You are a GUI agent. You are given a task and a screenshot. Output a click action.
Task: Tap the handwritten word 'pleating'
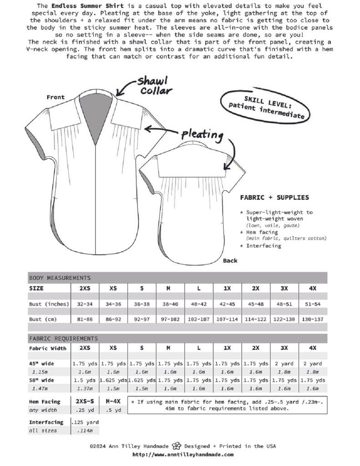tap(203, 134)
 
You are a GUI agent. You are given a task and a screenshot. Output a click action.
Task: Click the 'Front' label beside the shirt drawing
tap(56, 97)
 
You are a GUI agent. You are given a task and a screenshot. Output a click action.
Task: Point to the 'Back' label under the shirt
tap(230, 261)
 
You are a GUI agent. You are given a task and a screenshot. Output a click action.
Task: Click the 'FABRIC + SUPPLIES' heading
tap(274, 198)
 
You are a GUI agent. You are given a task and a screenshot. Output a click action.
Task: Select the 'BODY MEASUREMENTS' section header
tap(60, 278)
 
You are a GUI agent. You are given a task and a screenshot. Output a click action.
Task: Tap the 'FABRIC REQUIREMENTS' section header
tap(63, 339)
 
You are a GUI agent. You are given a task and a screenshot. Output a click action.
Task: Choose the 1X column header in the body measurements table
tap(227, 289)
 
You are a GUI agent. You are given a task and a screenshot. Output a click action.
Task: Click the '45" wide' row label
tap(41, 364)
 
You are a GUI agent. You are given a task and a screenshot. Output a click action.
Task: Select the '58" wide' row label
tap(41, 380)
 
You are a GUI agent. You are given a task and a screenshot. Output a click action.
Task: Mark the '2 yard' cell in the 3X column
tap(284, 364)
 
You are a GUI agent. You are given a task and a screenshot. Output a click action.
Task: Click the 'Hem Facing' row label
tap(45, 401)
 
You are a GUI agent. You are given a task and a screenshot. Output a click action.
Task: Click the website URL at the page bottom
tap(183, 454)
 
